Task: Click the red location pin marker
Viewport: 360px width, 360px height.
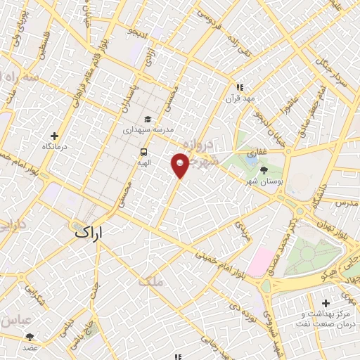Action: click(181, 165)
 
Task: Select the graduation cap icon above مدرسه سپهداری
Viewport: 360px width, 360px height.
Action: click(148, 119)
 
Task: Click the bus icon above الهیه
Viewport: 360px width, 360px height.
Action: click(144, 152)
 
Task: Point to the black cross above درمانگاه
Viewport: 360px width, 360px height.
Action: click(54, 136)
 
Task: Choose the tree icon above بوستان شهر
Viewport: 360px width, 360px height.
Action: click(264, 170)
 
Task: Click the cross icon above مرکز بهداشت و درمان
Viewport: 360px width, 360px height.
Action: click(325, 303)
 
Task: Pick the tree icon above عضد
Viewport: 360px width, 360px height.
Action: click(30, 337)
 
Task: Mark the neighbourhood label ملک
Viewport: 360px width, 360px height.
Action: click(150, 281)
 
